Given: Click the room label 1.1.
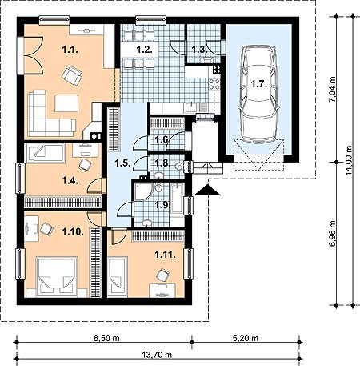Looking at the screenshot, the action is (70, 50).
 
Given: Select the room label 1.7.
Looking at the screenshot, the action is (259, 84).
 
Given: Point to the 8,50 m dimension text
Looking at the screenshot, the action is (106, 339).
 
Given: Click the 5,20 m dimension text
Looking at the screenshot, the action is (246, 339).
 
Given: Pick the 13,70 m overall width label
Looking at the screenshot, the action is (157, 355).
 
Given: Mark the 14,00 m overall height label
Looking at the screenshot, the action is (349, 161).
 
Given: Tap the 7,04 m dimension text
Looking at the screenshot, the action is (332, 90).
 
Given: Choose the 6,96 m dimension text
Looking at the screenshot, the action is (332, 234).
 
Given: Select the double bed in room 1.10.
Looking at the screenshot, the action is (56, 277).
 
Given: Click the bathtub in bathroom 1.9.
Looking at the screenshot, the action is (177, 198).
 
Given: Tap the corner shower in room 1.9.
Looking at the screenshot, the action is (143, 191).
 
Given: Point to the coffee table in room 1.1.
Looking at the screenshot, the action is (66, 103).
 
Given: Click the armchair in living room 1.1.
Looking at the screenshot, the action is (72, 75).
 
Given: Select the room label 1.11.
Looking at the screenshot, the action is (166, 255).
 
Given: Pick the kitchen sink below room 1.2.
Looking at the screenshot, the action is (191, 107).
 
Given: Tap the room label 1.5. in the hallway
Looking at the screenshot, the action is (123, 163).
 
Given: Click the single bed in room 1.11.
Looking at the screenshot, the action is (118, 277).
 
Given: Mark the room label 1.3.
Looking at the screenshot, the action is (200, 50).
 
